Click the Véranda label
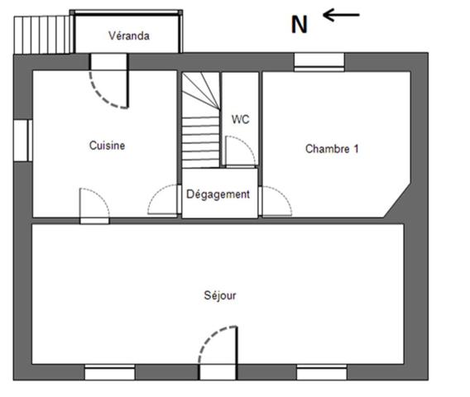[129, 36]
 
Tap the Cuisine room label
[108, 146]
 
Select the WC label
[240, 119]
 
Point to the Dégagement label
[218, 194]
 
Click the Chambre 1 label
[332, 150]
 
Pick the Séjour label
[220, 295]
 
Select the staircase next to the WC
[200, 120]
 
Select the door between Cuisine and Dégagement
[164, 201]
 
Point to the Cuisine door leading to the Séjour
[94, 205]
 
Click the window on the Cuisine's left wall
[22, 139]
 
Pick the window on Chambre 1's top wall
[319, 61]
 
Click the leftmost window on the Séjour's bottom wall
[109, 371]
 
